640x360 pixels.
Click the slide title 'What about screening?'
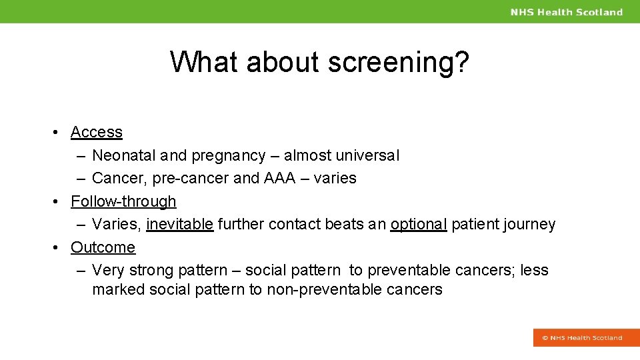pos(319,62)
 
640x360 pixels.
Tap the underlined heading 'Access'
pos(97,132)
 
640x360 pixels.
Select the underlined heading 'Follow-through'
pos(123,201)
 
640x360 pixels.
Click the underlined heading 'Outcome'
pos(103,247)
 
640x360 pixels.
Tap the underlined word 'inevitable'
pos(179,225)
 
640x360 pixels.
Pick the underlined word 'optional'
pos(418,225)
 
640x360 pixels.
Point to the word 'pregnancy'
pos(228,156)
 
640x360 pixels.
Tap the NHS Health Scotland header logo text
pos(566,12)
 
